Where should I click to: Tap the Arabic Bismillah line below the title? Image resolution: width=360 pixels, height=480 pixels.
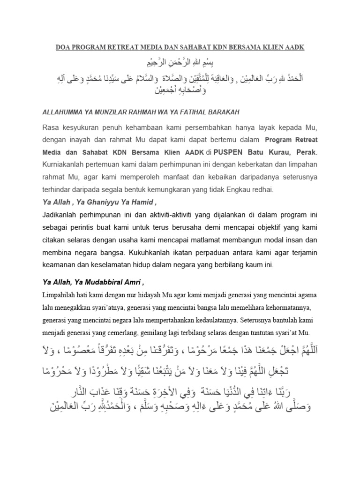[x=180, y=63]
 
